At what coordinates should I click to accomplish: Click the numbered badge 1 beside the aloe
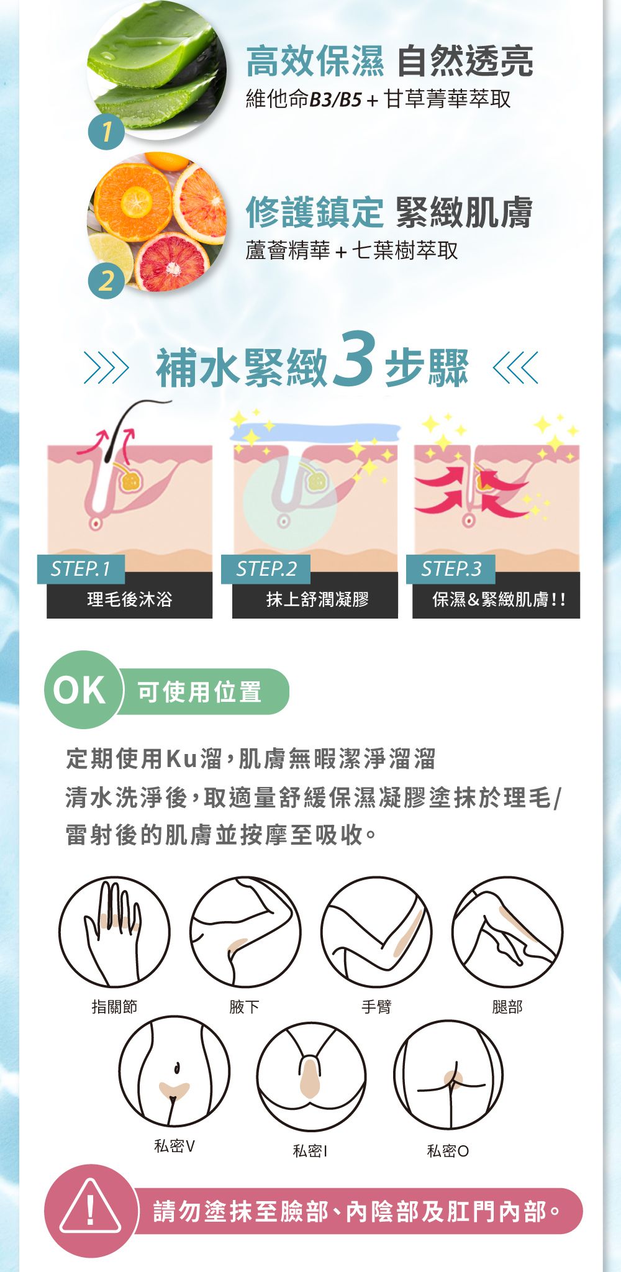click(x=106, y=131)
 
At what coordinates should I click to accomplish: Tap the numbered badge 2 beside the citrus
click(x=106, y=281)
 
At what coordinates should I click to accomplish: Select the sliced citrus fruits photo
click(x=157, y=222)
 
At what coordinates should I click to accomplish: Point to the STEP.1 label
click(x=81, y=568)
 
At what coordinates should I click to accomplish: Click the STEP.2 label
click(x=266, y=568)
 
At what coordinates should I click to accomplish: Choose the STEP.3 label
click(x=451, y=568)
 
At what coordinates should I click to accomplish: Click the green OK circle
click(x=81, y=689)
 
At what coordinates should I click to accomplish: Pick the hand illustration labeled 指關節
click(x=114, y=932)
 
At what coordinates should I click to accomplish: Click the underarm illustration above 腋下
click(x=245, y=932)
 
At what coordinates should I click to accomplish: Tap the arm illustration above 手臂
click(x=376, y=932)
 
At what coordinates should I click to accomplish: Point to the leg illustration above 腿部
click(x=507, y=932)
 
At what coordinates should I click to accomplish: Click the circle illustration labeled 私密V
click(x=175, y=1071)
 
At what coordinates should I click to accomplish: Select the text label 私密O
click(x=448, y=1151)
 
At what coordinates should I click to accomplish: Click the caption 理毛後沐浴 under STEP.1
click(x=130, y=599)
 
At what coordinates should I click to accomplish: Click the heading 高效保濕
click(x=315, y=61)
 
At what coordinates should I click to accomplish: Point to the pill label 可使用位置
click(x=199, y=691)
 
